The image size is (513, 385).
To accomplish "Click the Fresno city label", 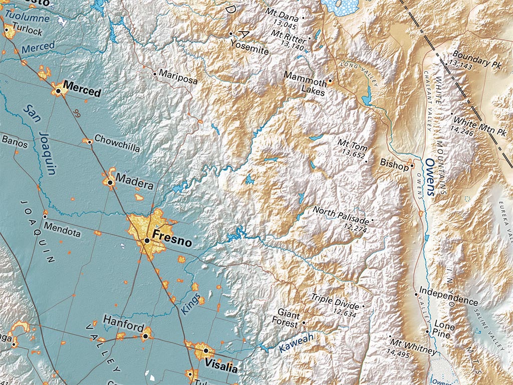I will tap(171, 242).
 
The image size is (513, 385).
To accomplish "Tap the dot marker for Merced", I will tap(58, 91).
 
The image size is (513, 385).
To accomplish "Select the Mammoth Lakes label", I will tap(305, 83).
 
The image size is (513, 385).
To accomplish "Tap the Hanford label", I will tap(123, 326).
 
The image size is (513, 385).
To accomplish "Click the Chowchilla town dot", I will tap(90, 142).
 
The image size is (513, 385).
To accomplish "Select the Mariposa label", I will tap(178, 77).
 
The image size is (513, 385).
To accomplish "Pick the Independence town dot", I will tap(416, 294).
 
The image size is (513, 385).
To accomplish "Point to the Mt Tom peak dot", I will tap(366, 161).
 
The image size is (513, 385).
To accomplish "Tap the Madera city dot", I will tap(110, 183).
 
